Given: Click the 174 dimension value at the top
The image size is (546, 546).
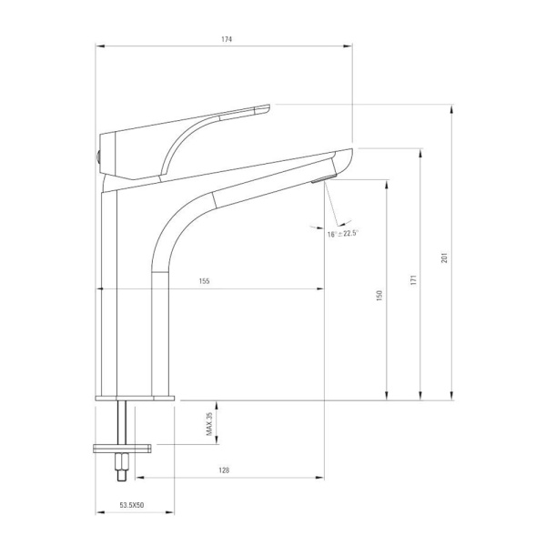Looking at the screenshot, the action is coord(227,39).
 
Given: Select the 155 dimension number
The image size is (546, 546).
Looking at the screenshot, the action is coord(205,281).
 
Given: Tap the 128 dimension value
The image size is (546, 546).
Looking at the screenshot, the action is coord(224,470).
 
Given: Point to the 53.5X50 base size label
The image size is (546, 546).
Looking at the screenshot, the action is coord(132,505).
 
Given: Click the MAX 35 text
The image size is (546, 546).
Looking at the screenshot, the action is coord(209,424).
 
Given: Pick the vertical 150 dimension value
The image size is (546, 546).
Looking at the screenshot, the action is coord(379,295).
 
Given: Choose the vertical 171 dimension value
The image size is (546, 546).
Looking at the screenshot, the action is coord(413,280).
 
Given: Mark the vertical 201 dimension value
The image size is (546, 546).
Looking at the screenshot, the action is coord(444,258).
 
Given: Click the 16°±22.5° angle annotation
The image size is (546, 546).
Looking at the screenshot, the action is coord(343,233).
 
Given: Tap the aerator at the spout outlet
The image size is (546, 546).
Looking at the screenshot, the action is coord(324,178).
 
